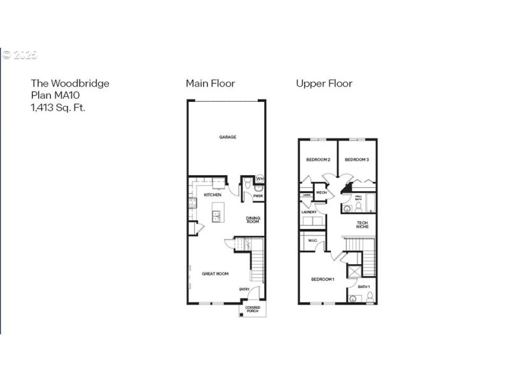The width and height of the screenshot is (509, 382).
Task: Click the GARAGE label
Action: click(228, 137)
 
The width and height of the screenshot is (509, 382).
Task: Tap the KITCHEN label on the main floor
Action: click(213, 195)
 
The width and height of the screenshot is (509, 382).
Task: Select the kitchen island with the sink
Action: click(217, 216)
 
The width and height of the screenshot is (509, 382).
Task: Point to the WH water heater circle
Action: click(260, 180)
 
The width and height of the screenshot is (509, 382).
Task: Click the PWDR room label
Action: click(258, 196)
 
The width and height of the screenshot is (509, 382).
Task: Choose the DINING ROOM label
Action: click(253, 220)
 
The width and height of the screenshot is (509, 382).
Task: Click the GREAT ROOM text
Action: click(215, 274)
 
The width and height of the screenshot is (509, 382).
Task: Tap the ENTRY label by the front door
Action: click(244, 290)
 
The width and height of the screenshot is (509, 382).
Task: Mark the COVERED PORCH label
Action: click(253, 310)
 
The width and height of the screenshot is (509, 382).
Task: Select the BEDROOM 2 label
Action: click(317, 159)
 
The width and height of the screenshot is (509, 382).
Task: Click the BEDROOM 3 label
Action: click(356, 159)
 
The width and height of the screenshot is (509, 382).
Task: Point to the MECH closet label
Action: click(321, 192)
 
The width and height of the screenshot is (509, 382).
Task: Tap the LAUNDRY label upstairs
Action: click(309, 212)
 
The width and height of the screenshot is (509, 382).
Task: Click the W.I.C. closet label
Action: click(312, 241)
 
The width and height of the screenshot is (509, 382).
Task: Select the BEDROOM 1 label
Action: click(323, 279)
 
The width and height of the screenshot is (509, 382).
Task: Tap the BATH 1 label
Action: click(363, 287)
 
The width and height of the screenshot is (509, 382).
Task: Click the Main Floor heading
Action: click(210, 83)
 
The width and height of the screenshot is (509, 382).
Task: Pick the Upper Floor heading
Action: click(324, 83)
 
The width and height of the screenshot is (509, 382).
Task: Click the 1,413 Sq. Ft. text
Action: click(58, 108)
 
